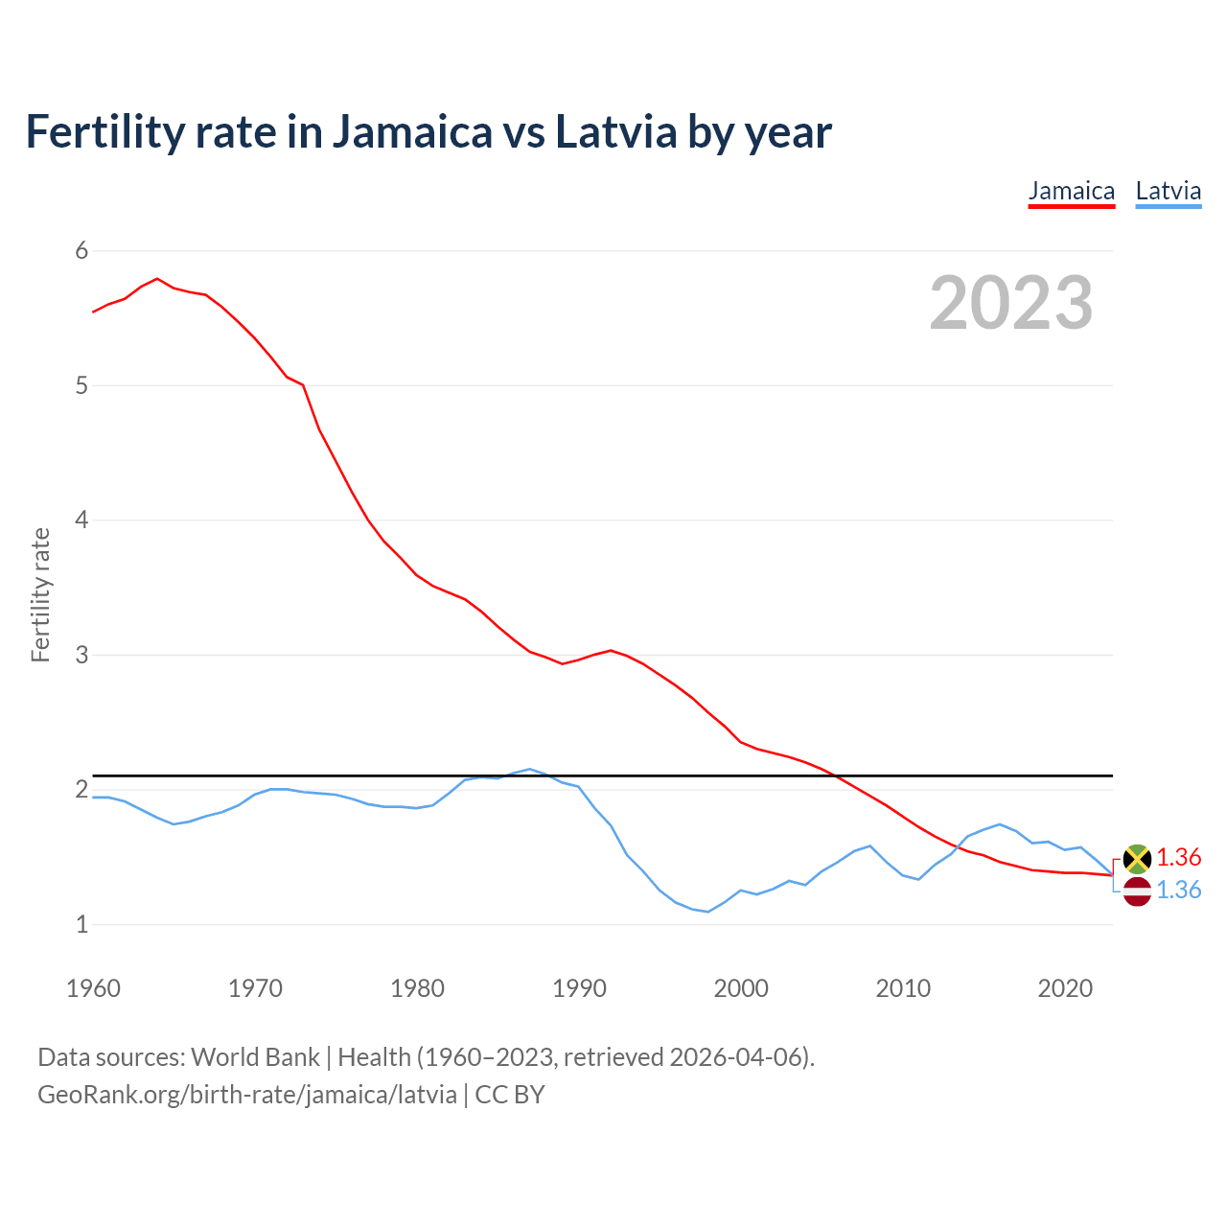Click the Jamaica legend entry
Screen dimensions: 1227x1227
pyautogui.click(x=1071, y=191)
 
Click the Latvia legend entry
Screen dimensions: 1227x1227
pyautogui.click(x=1168, y=191)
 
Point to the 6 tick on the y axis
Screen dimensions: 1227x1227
pyautogui.click(x=81, y=251)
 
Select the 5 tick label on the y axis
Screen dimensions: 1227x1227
pyautogui.click(x=81, y=386)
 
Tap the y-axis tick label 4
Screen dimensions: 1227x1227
pyautogui.click(x=81, y=521)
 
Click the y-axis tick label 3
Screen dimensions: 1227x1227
pyautogui.click(x=81, y=656)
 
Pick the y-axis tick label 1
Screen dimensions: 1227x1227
pyautogui.click(x=81, y=925)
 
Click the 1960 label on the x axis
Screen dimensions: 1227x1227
pyautogui.click(x=93, y=988)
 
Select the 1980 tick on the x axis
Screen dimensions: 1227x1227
pyautogui.click(x=417, y=988)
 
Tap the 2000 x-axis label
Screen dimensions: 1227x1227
pyautogui.click(x=741, y=988)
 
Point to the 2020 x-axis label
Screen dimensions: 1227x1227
pyautogui.click(x=1065, y=988)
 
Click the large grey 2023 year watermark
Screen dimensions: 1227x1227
pyautogui.click(x=1011, y=304)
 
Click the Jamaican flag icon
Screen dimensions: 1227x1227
pyautogui.click(x=1137, y=858)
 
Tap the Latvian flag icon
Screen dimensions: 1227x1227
pyautogui.click(x=1137, y=891)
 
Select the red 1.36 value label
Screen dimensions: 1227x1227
pyautogui.click(x=1178, y=857)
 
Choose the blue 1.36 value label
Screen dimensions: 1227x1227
pyautogui.click(x=1178, y=891)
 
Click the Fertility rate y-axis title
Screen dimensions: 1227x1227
pyautogui.click(x=40, y=594)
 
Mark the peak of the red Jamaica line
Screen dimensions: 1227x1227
pyautogui.click(x=157, y=279)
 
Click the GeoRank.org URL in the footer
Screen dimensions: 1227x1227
pyautogui.click(x=247, y=1095)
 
